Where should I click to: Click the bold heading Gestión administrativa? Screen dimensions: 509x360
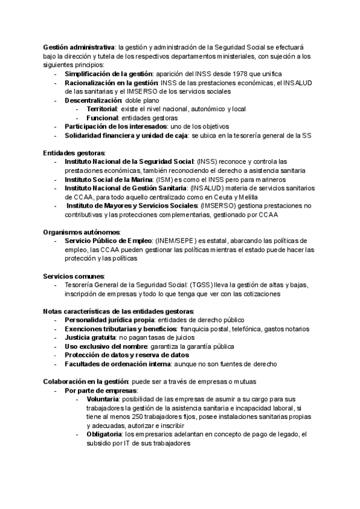[x=79, y=47]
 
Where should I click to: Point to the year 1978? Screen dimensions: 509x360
[x=231, y=74]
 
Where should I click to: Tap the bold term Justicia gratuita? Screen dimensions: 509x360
[x=90, y=338]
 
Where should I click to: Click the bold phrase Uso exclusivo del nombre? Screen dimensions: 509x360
[x=104, y=346]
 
